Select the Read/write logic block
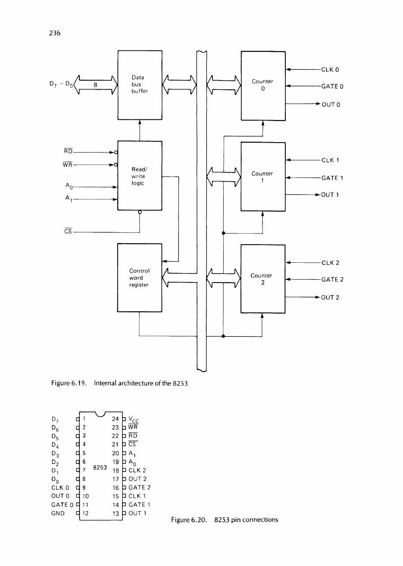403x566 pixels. pyautogui.click(x=140, y=176)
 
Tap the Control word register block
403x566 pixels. pyautogui.click(x=140, y=278)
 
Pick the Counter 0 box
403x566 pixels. pyautogui.click(x=263, y=84)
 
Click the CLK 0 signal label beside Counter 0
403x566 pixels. pyautogui.click(x=330, y=69)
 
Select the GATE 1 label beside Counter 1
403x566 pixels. pyautogui.click(x=332, y=177)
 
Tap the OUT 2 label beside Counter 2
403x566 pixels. pyautogui.click(x=330, y=298)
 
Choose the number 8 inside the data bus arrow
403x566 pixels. pyautogui.click(x=96, y=85)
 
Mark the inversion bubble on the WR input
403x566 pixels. pyautogui.click(x=116, y=165)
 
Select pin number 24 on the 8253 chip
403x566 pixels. pyautogui.click(x=115, y=418)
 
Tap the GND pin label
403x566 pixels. pyautogui.click(x=58, y=513)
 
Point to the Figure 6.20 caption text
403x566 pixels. pyautogui.click(x=224, y=519)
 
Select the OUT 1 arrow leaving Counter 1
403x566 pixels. pyautogui.click(x=303, y=195)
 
